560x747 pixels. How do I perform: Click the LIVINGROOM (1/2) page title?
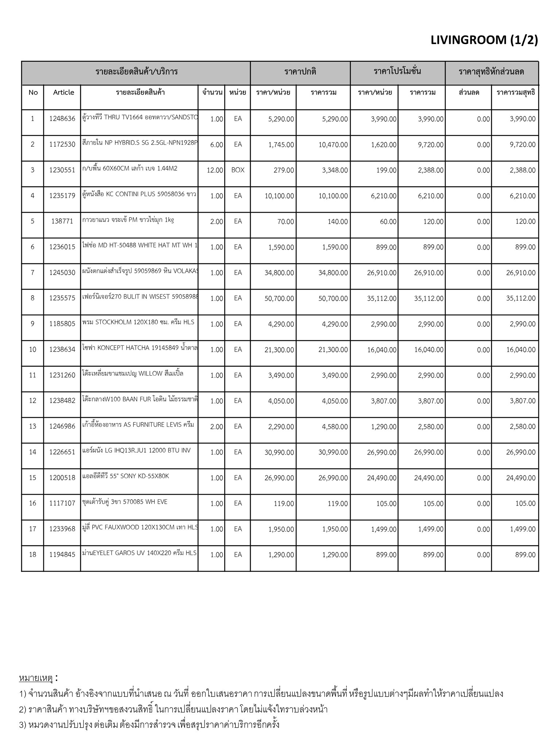click(484, 40)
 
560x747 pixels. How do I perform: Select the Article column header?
click(63, 92)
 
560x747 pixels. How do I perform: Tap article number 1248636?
click(62, 119)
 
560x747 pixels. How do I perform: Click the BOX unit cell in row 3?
click(238, 170)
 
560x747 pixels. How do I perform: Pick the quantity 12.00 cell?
click(215, 170)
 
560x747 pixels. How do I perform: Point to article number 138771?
click(62, 221)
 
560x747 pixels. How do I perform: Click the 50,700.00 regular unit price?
click(279, 298)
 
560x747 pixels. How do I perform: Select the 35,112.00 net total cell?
click(521, 298)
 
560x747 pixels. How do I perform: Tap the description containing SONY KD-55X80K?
click(126, 476)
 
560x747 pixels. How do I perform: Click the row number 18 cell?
click(32, 554)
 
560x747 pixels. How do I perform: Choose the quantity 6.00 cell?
click(217, 145)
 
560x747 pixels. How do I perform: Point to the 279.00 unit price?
click(284, 170)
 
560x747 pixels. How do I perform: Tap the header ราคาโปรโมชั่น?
click(397, 71)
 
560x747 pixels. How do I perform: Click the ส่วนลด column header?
click(469, 92)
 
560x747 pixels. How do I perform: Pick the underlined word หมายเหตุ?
click(36, 678)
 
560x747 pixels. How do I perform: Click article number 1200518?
click(62, 478)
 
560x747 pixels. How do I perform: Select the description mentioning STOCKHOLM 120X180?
click(139, 322)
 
